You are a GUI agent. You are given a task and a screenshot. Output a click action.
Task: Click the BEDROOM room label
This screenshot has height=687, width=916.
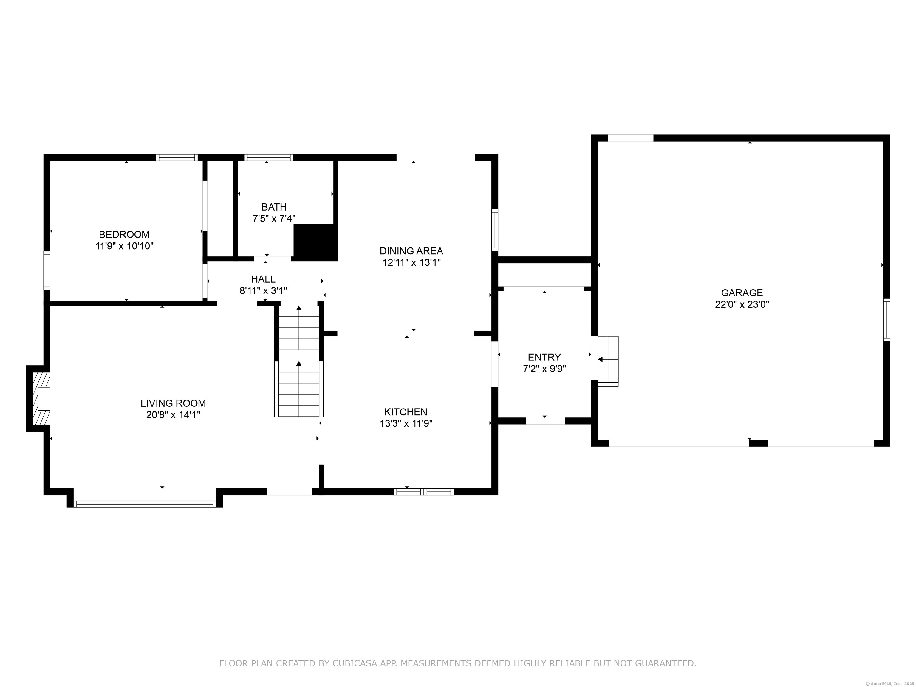coord(124,234)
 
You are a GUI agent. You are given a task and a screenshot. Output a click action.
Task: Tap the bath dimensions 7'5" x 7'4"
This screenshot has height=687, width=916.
coord(274,218)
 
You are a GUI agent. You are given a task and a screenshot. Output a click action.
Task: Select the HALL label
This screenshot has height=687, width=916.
coord(263,279)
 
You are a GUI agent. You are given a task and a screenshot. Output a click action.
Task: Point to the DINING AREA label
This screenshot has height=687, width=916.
coord(411,251)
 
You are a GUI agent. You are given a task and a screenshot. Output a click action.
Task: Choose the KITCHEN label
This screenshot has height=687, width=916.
coord(406,412)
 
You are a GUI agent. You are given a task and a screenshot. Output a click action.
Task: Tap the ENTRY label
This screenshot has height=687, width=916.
coord(544,357)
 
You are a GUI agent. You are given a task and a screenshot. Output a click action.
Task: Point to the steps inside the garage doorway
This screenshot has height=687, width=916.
coord(608,361)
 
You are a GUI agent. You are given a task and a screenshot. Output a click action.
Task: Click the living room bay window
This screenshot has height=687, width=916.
coord(145,504)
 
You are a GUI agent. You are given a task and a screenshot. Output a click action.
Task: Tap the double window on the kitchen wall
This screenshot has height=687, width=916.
coord(424,492)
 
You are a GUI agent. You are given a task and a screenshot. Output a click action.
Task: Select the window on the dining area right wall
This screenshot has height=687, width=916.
coord(495,230)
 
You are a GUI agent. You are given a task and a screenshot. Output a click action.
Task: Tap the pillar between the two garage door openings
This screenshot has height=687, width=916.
coord(759,443)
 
